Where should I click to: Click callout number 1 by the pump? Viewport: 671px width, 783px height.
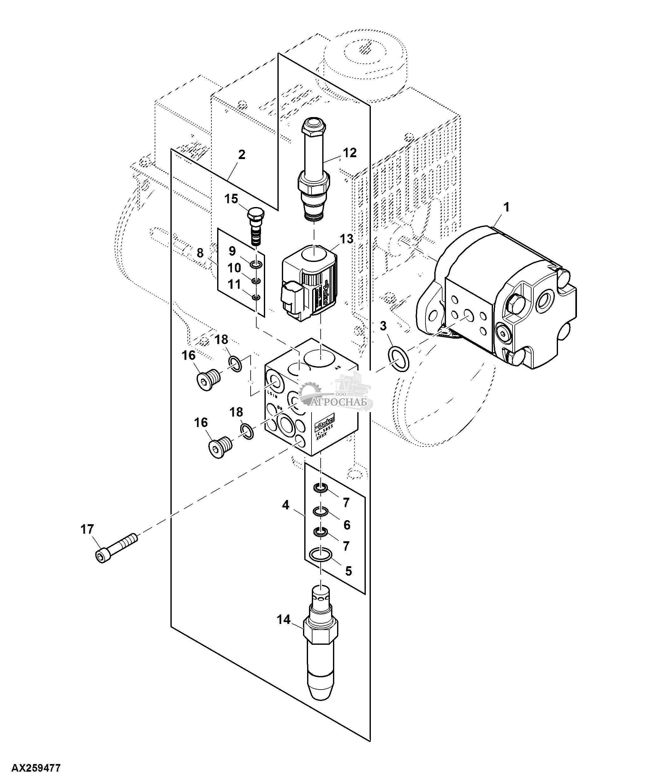506,207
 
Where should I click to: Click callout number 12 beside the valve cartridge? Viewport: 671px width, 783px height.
349,153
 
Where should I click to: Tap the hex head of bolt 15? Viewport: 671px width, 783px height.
255,216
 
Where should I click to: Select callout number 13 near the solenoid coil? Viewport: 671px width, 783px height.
346,239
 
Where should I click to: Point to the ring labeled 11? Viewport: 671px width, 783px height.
256,298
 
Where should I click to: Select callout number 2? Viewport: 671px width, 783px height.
241,155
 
